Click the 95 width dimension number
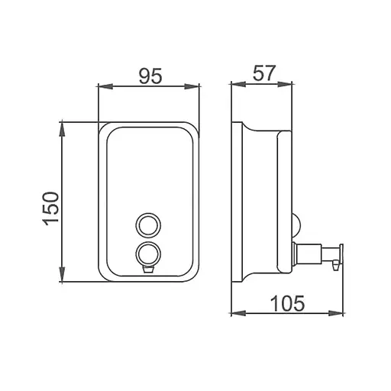tap(150, 76)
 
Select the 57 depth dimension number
tap(264, 73)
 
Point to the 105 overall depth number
tap(287, 303)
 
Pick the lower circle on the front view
tap(148, 254)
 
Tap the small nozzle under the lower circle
tap(148, 269)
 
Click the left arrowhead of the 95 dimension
tap(105, 86)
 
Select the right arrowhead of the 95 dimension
tap(192, 86)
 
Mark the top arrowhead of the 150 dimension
tap(63, 130)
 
